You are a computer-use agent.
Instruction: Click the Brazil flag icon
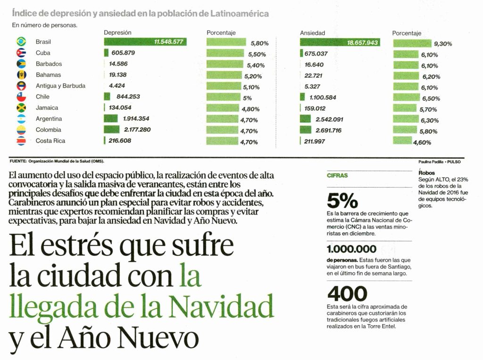click(21, 42)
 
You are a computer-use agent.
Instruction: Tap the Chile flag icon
click(21, 97)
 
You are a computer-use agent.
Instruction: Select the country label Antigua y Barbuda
click(60, 86)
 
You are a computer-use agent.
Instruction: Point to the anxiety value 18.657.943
click(362, 42)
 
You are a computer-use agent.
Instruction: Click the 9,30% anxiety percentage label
click(443, 44)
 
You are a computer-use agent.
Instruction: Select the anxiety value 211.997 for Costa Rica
click(315, 141)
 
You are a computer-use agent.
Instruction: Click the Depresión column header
click(117, 33)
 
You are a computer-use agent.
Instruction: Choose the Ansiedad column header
click(312, 33)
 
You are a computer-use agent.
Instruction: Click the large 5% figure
click(342, 201)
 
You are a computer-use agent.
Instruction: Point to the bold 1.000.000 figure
click(351, 249)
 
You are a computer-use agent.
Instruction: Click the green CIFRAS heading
click(337, 175)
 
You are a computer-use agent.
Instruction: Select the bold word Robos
click(426, 173)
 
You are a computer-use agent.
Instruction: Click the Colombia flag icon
click(21, 130)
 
